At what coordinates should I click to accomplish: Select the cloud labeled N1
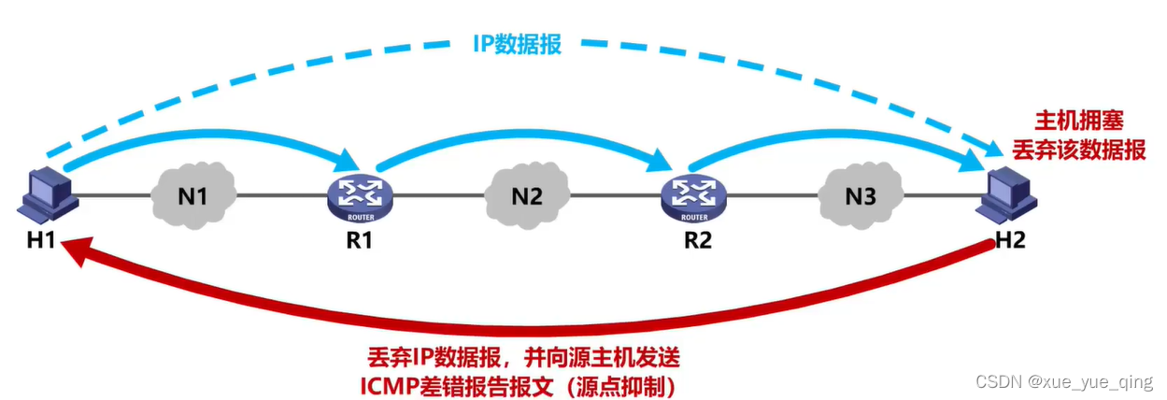[x=194, y=197]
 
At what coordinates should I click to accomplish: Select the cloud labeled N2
[x=527, y=197]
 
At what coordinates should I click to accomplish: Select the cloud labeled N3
[x=860, y=197]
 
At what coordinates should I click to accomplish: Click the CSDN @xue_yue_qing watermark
[x=1063, y=381]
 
